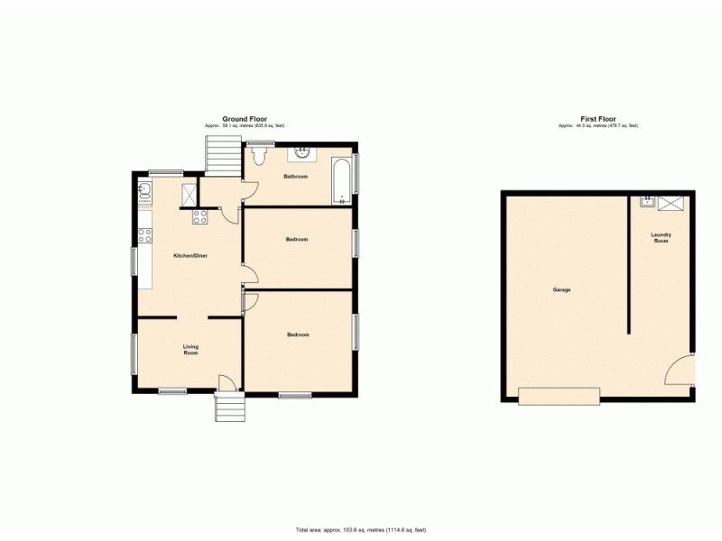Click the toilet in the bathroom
click(260, 157)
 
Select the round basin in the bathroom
click(304, 153)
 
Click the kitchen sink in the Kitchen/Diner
click(144, 190)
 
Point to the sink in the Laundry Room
click(647, 202)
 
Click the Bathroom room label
click(296, 177)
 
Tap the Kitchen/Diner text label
click(190, 256)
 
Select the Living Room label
click(190, 350)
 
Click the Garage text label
click(561, 290)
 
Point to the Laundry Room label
click(662, 238)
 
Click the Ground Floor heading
click(250, 119)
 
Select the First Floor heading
click(597, 119)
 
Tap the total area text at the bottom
click(361, 529)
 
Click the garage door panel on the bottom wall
click(559, 396)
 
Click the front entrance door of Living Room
click(227, 384)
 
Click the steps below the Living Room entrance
click(229, 408)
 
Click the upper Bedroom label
click(297, 240)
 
